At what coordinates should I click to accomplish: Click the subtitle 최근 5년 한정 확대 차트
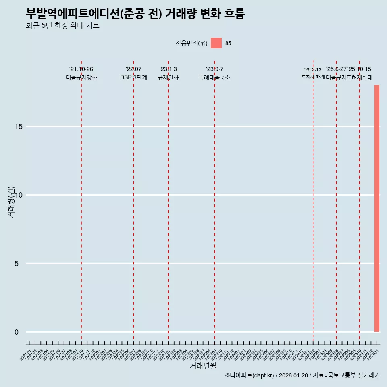(62, 26)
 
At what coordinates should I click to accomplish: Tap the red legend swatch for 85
(216, 43)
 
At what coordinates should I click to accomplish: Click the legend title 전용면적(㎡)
(191, 43)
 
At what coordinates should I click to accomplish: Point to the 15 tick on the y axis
(18, 127)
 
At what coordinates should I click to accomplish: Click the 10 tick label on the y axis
(18, 195)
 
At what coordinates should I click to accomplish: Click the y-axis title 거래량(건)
(11, 202)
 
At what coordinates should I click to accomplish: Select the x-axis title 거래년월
(203, 366)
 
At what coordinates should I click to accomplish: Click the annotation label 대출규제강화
(81, 77)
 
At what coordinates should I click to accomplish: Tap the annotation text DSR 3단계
(133, 77)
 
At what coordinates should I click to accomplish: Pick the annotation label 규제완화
(168, 77)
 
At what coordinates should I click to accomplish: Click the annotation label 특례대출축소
(214, 77)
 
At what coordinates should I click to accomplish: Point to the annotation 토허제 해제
(313, 77)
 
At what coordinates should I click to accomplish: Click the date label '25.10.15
(360, 69)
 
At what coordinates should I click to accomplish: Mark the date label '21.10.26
(81, 69)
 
